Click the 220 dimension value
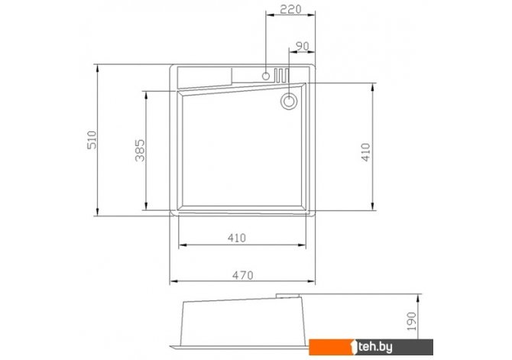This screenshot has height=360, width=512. pos(290,9)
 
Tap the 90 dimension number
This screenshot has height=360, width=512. pos(302,47)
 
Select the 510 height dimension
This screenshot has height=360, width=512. pos(92,140)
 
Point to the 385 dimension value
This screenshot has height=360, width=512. pos(140,151)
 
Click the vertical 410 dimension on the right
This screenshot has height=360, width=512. pos(366,152)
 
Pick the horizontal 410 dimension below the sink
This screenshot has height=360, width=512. pos(237,238)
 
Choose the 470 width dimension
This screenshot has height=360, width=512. pos(242,275)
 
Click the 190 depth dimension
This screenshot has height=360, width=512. pos(412,321)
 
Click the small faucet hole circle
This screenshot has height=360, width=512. pos(266,76)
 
